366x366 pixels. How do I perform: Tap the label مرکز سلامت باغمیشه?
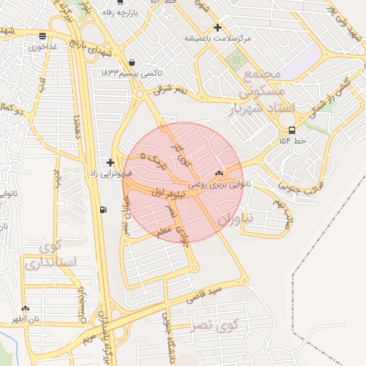click(x=218, y=37)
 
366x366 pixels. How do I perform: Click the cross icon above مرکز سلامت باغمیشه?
click(x=218, y=27)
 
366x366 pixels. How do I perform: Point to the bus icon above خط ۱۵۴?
click(x=291, y=130)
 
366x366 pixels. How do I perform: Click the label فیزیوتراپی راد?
click(x=107, y=173)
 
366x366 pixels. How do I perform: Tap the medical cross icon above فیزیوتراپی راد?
click(x=109, y=163)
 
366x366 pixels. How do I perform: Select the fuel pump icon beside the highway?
click(x=104, y=209)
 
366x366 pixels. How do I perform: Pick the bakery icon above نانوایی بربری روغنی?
click(x=219, y=173)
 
